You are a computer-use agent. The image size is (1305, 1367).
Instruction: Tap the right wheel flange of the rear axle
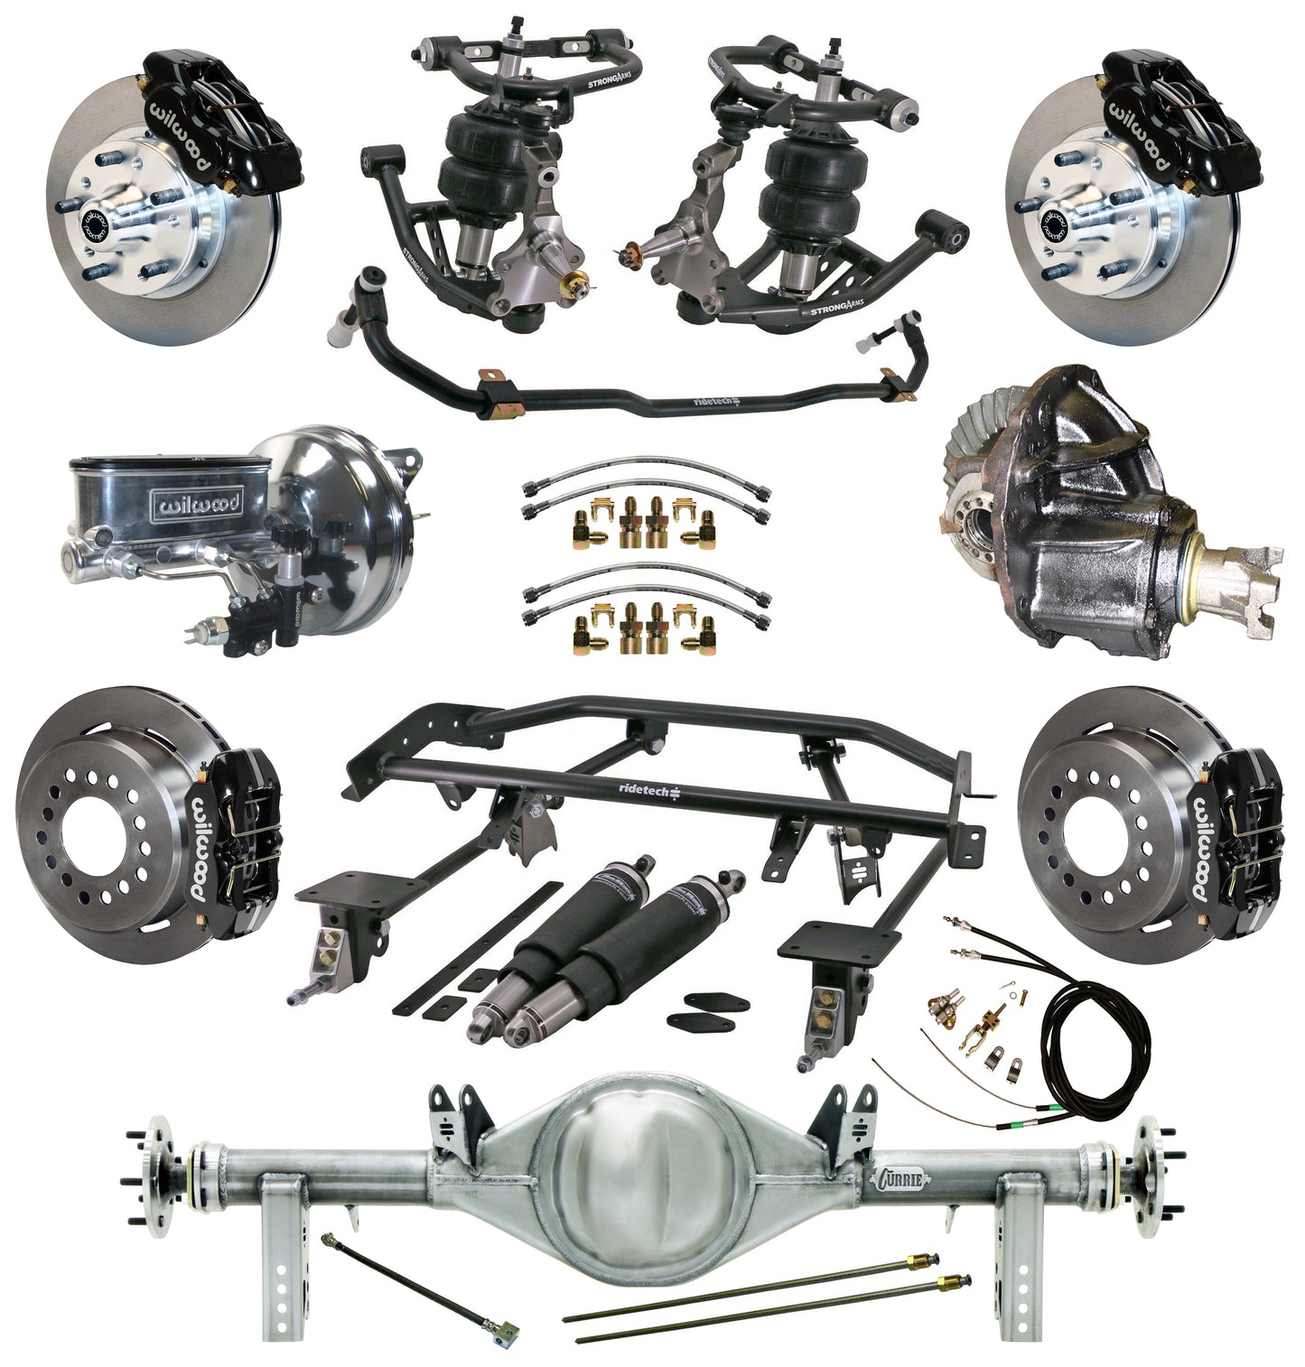click(1148, 1174)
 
